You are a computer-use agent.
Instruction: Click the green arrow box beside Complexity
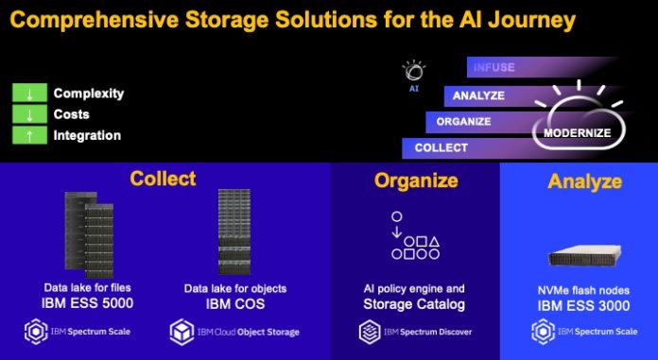[29, 94]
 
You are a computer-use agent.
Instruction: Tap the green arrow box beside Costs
[29, 114]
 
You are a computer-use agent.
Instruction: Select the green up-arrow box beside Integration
[29, 135]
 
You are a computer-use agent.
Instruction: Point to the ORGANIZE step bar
[473, 121]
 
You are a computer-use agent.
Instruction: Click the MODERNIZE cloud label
[575, 133]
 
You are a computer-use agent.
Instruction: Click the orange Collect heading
[164, 179]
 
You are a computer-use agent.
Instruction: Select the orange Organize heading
[416, 180]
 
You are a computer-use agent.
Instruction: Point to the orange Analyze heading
[584, 180]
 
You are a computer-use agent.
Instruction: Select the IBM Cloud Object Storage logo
[234, 332]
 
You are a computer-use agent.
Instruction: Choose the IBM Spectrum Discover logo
[415, 332]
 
